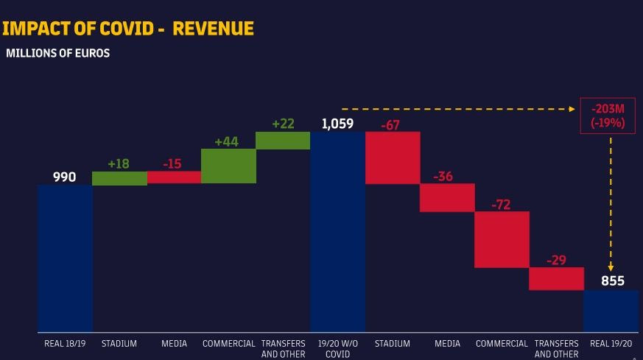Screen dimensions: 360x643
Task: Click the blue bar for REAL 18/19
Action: click(x=65, y=258)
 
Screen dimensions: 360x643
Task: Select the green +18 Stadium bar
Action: click(x=119, y=178)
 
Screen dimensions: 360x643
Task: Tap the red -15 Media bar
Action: click(x=174, y=177)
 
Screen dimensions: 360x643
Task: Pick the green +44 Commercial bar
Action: click(x=228, y=166)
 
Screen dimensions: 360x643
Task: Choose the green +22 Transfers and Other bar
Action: click(x=283, y=141)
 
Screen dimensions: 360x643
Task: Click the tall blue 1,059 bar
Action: click(x=337, y=232)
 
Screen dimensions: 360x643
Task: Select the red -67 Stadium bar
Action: click(x=393, y=158)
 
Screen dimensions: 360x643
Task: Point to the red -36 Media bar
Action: click(x=447, y=197)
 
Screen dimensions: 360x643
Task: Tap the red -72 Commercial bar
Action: click(x=502, y=239)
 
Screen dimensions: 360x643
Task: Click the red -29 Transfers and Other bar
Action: click(x=556, y=278)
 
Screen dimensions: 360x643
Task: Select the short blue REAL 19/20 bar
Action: click(x=611, y=311)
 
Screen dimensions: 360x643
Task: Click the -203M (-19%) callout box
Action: click(x=608, y=116)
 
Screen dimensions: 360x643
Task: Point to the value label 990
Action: click(x=64, y=177)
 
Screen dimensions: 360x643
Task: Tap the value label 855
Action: click(x=612, y=281)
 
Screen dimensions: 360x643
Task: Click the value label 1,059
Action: click(x=337, y=124)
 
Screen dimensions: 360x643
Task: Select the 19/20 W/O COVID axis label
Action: click(x=337, y=348)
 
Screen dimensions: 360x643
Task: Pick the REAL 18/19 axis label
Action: click(x=65, y=344)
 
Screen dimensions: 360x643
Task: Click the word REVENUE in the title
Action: click(x=214, y=29)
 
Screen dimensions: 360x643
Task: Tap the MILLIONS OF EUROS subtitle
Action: click(x=57, y=53)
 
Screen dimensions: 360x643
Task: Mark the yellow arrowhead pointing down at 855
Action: click(x=611, y=267)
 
